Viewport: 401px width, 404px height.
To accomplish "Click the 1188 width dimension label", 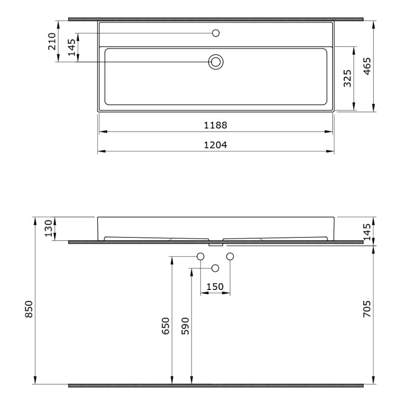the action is pos(215,125).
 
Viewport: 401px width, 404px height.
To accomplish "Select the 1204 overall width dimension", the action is pos(215,145).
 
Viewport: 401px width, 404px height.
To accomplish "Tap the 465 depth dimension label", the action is pos(367,66).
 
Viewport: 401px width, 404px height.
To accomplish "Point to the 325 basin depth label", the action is pos(348,79).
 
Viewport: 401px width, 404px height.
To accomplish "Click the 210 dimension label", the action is pos(52,41).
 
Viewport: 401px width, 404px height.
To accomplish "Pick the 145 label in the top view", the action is pos(71,47).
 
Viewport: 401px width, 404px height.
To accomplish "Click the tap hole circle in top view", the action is pos(216,33).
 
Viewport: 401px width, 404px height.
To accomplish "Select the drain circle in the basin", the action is pos(216,62).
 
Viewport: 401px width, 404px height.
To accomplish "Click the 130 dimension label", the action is pos(48,228).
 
